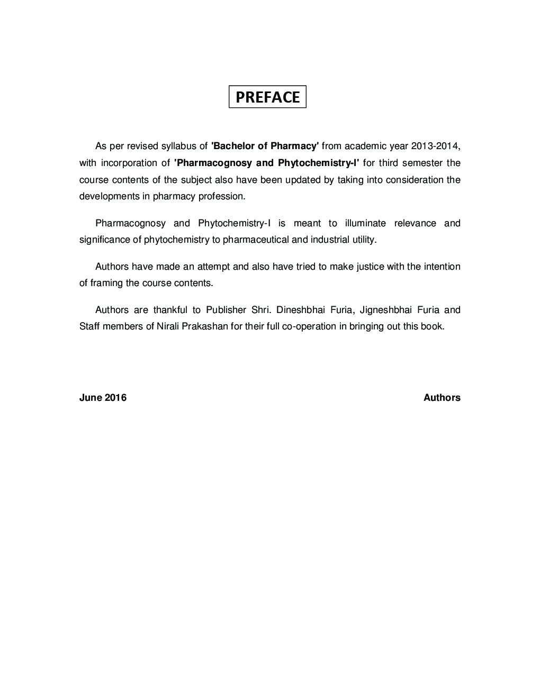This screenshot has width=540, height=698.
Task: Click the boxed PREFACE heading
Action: click(267, 97)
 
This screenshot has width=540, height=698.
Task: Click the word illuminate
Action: click(365, 223)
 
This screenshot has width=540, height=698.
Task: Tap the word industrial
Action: click(330, 240)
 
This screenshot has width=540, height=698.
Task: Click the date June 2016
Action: click(103, 398)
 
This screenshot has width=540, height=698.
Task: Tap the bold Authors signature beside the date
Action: click(442, 398)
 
